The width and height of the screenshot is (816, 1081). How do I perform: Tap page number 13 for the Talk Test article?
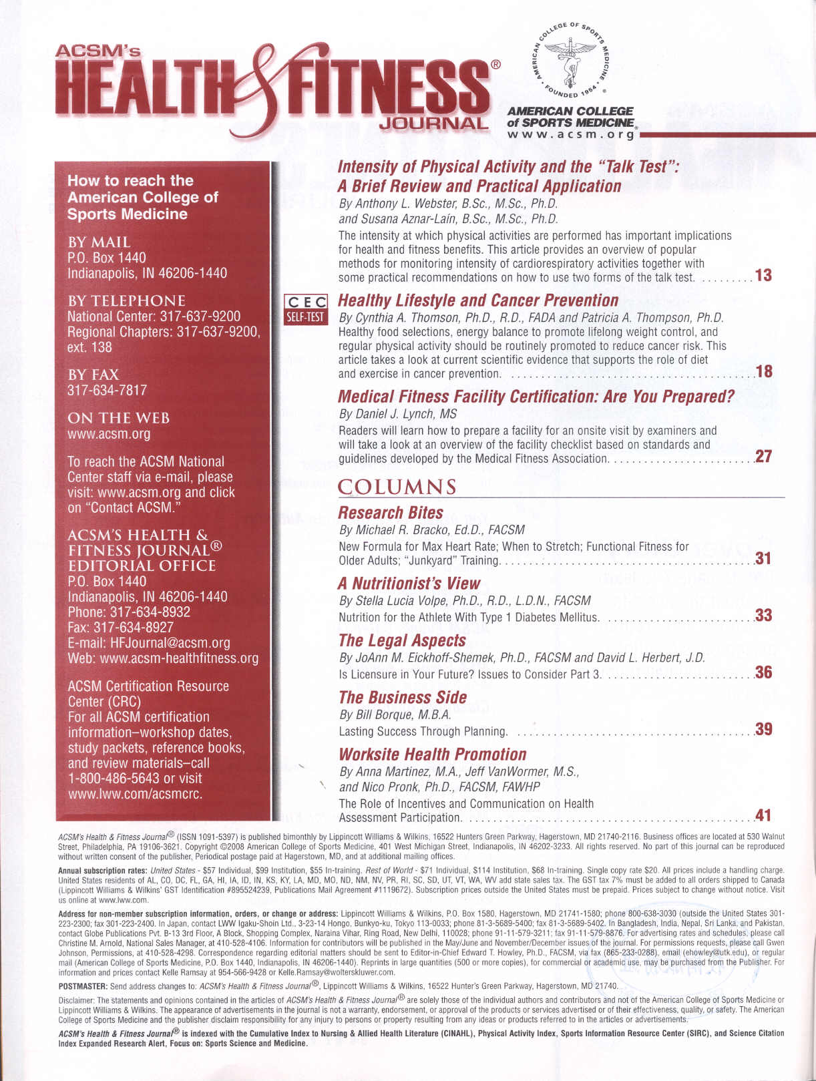pyautogui.click(x=763, y=275)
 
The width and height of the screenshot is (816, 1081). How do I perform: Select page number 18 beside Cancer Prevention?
pyautogui.click(x=763, y=372)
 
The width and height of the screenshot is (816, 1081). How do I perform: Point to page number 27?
pyautogui.click(x=763, y=457)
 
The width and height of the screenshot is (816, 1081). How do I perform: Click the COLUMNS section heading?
pyautogui.click(x=397, y=487)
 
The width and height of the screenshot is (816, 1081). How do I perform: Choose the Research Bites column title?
pyautogui.click(x=391, y=513)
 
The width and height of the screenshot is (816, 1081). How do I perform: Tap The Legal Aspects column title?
pyautogui.click(x=402, y=640)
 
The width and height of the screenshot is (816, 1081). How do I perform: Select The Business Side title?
pyautogui.click(x=403, y=697)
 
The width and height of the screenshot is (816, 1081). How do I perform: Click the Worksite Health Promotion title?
pyautogui.click(x=433, y=754)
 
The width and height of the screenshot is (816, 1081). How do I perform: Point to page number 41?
pyautogui.click(x=763, y=815)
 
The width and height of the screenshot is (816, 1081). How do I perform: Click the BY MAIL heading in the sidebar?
pyautogui.click(x=99, y=242)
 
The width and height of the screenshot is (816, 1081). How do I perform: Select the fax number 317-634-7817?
pyautogui.click(x=107, y=391)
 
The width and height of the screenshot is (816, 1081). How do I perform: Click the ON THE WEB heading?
pyautogui.click(x=118, y=419)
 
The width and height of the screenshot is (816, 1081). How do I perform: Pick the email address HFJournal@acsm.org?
pyautogui.click(x=170, y=643)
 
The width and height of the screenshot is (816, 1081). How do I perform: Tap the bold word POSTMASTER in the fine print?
pyautogui.click(x=83, y=986)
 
